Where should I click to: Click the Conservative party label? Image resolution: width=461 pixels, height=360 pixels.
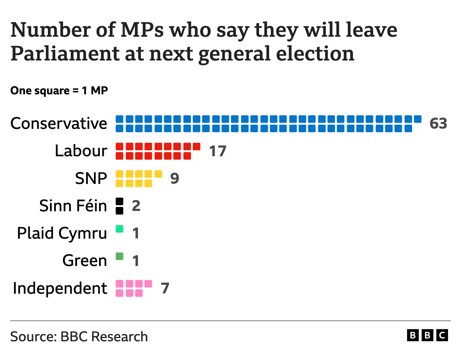click(59, 123)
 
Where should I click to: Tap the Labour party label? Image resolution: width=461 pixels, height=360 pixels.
click(81, 151)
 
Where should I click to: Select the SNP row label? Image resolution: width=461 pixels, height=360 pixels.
click(91, 179)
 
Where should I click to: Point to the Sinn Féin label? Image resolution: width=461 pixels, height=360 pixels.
click(73, 206)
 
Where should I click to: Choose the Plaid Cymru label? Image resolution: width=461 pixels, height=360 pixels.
click(62, 234)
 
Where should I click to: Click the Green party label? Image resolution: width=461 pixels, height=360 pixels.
click(85, 261)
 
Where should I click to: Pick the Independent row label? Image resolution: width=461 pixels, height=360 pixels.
click(60, 288)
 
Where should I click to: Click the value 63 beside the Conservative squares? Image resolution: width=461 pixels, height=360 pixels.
click(438, 123)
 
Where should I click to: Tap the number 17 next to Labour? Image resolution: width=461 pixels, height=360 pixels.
click(218, 151)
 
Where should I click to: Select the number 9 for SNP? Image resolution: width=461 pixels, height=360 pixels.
click(175, 179)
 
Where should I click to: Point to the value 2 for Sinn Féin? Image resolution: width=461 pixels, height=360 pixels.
click(136, 206)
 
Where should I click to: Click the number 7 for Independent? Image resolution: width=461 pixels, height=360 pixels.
click(165, 288)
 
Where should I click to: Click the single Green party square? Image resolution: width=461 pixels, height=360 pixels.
click(120, 256)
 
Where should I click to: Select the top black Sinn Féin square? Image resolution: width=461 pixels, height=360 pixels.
click(120, 201)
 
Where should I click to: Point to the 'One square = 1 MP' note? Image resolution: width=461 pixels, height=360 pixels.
click(59, 90)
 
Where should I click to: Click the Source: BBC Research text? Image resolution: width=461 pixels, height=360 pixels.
click(79, 337)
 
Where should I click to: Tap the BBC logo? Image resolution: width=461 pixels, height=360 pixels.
click(428, 336)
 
